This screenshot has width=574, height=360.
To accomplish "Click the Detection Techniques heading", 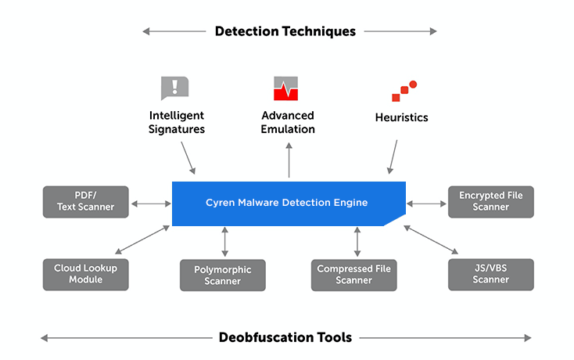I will (x=285, y=31).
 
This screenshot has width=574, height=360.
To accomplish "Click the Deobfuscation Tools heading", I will (x=285, y=337).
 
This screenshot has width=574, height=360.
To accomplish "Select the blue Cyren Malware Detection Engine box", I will (x=287, y=203).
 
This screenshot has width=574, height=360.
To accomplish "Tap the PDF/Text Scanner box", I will (x=85, y=202).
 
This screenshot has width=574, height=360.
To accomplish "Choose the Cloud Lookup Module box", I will (x=85, y=274).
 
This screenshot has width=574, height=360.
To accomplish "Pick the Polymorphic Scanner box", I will (x=222, y=275).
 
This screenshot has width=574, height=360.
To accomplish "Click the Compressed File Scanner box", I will (x=353, y=275).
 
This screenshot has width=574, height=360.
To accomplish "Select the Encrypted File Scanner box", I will (x=490, y=201).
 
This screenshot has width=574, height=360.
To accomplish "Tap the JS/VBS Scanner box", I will (x=490, y=274).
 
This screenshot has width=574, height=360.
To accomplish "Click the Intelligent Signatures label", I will (x=177, y=122).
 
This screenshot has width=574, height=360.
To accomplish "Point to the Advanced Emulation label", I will (x=288, y=122).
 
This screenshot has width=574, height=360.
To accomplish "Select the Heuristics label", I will (x=401, y=117).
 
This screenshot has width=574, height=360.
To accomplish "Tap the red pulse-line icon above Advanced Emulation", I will (x=286, y=88).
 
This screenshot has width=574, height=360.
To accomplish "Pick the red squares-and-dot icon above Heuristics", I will (x=404, y=91).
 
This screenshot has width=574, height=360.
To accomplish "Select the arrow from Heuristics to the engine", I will (x=393, y=157).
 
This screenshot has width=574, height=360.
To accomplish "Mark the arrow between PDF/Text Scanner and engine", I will (x=151, y=203).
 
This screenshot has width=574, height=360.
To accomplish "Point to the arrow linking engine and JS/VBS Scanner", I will (x=431, y=239).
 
